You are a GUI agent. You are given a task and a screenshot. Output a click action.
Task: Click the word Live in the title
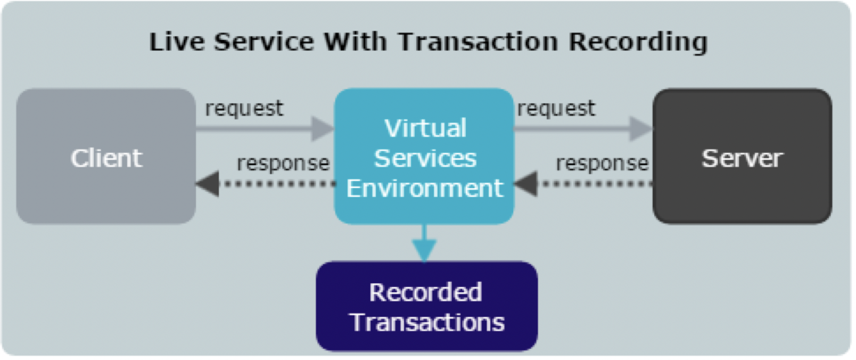coord(177,42)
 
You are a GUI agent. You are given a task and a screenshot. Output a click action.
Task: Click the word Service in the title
coord(264,42)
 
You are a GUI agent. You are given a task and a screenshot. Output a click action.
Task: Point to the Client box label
coord(106,158)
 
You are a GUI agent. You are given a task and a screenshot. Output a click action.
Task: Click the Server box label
coord(742,158)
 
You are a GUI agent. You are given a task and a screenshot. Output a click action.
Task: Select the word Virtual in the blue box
coord(425,128)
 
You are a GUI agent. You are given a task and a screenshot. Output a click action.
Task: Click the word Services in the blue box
coord(425,158)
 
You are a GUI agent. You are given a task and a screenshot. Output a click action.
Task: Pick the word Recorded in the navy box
coord(425,292)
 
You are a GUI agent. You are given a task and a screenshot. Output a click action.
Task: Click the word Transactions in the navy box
coord(427,322)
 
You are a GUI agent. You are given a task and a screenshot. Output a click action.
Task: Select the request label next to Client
coord(244,109)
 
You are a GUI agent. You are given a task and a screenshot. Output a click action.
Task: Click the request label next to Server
coord(556,109)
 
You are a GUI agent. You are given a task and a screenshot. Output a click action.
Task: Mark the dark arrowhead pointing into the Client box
coord(208,184)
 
